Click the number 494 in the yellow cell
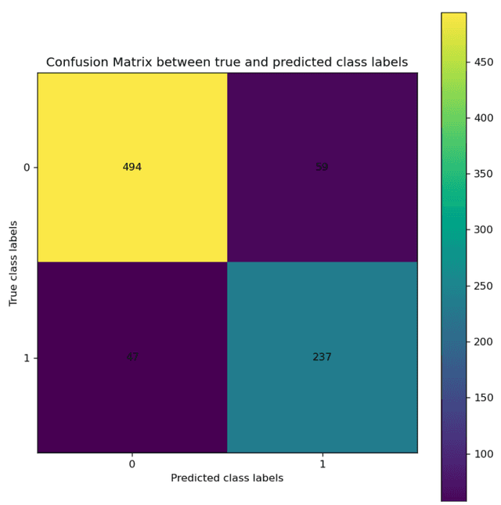tap(132, 168)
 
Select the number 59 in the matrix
tap(322, 168)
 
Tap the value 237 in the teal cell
tap(322, 357)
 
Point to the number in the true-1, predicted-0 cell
tap(132, 357)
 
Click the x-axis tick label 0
tap(132, 464)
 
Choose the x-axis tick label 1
tap(322, 464)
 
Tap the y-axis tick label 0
tap(26, 168)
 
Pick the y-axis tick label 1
tap(26, 358)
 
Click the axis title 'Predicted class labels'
tap(227, 478)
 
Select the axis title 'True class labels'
tap(13, 263)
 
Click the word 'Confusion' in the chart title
tap(77, 63)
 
